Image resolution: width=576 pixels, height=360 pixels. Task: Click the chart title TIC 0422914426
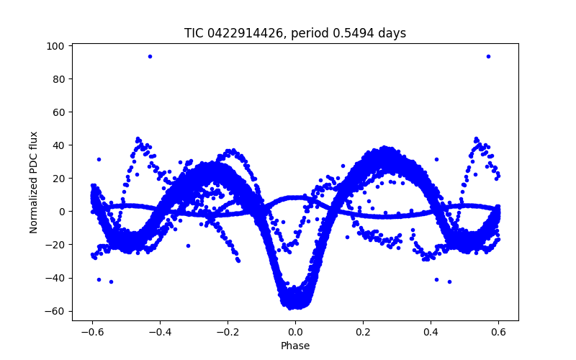(x=294, y=33)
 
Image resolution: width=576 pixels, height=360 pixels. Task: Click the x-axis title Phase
(x=295, y=346)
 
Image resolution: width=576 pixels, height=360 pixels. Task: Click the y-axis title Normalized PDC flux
(x=34, y=182)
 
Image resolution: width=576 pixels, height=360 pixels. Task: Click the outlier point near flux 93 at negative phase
(x=150, y=56)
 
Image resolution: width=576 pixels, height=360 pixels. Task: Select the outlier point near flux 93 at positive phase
(x=488, y=56)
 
